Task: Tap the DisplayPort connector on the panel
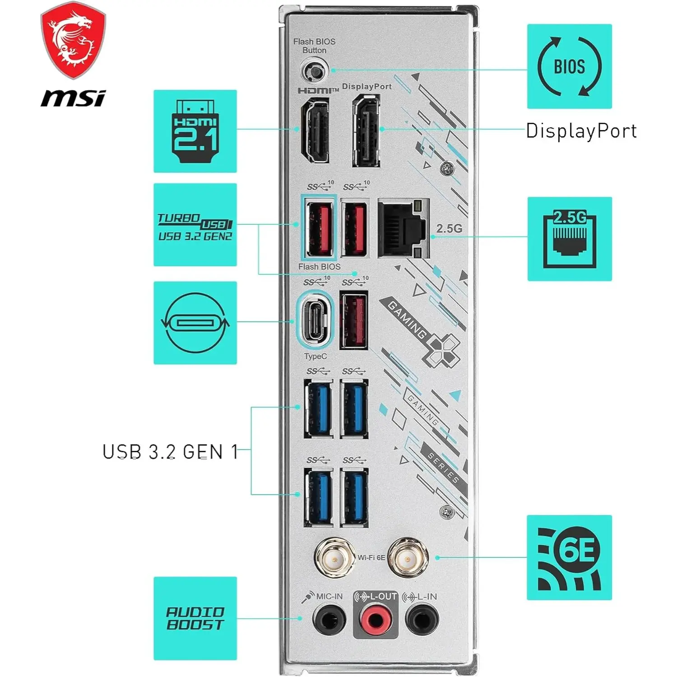[x=366, y=132]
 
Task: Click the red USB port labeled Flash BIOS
[x=319, y=229]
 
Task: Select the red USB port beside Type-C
[x=354, y=320]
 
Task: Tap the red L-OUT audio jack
[x=375, y=619]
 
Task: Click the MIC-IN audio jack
[x=329, y=619]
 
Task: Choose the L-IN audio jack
[x=422, y=619]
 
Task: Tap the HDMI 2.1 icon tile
[x=195, y=131]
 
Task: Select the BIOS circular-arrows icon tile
[x=569, y=66]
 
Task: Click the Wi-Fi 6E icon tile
[x=569, y=557]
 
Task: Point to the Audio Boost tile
[x=195, y=618]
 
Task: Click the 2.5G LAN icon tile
[x=570, y=239]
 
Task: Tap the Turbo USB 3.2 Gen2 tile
[x=195, y=225]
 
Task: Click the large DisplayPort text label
[x=581, y=131]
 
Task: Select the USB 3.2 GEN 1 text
[x=170, y=452]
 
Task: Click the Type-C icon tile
[x=195, y=323]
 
